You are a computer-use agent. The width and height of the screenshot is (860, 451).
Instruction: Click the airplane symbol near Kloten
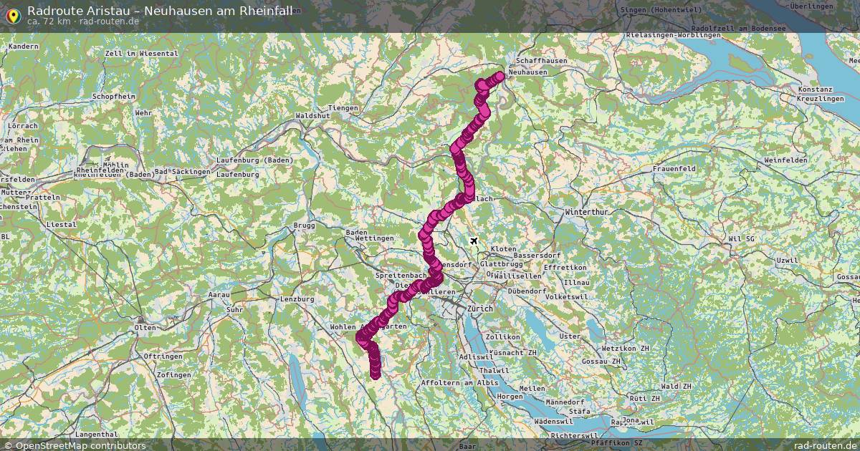pyautogui.click(x=474, y=241)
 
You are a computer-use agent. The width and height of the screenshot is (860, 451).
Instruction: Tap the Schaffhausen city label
pyautogui.click(x=541, y=62)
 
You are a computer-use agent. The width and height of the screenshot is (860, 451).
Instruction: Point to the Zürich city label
pyautogui.click(x=481, y=308)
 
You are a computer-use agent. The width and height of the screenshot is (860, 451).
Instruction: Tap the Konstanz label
pyautogui.click(x=815, y=89)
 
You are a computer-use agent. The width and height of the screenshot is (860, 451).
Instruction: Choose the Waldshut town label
pyautogui.click(x=312, y=115)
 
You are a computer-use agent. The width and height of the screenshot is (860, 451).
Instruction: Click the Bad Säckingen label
pyautogui.click(x=183, y=172)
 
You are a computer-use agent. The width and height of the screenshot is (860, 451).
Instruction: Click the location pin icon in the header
pyautogui.click(x=12, y=14)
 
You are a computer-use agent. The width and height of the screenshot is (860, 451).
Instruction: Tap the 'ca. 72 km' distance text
pyautogui.click(x=48, y=21)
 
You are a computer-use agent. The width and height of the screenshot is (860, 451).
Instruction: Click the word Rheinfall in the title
pyautogui.click(x=262, y=10)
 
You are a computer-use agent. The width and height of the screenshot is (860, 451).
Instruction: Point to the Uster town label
pyautogui.click(x=570, y=336)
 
